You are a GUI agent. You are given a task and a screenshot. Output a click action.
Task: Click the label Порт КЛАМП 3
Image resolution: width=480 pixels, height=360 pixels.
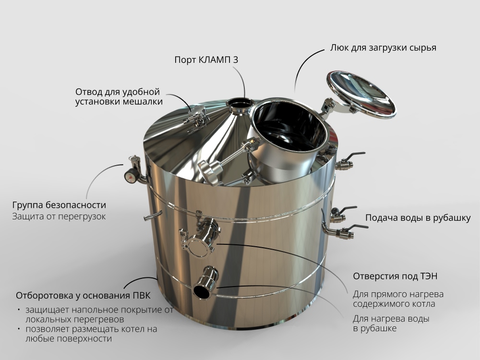[x=206, y=60]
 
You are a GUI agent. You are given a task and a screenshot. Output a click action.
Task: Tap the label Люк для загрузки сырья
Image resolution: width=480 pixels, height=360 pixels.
[x=383, y=48]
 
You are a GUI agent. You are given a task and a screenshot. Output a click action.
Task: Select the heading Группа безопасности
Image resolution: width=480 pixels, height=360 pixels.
[x=59, y=205]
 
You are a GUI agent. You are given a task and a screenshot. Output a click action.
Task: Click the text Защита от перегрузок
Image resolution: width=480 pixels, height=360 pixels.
[x=59, y=216]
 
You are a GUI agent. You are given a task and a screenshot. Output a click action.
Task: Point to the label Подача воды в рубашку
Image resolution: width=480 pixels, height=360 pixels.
[x=418, y=218]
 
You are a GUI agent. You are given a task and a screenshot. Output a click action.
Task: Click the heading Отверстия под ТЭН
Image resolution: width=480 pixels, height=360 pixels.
[x=395, y=276]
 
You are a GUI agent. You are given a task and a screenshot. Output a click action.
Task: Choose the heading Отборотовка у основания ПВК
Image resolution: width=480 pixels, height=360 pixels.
[x=83, y=296]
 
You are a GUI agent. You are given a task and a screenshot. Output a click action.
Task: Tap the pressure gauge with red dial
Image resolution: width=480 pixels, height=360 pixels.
[x=132, y=176]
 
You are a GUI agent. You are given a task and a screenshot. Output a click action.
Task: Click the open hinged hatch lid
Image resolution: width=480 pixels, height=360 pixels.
[x=361, y=94]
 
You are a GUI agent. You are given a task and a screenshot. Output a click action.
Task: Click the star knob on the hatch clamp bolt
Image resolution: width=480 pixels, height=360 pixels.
[x=211, y=172]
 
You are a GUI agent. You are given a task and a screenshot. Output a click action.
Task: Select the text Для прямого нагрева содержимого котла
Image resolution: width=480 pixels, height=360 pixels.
[x=398, y=299]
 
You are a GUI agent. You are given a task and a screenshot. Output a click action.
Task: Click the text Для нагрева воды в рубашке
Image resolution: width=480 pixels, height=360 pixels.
[x=391, y=324]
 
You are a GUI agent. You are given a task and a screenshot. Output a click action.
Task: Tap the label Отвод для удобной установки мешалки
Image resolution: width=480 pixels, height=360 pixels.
[x=119, y=97]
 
